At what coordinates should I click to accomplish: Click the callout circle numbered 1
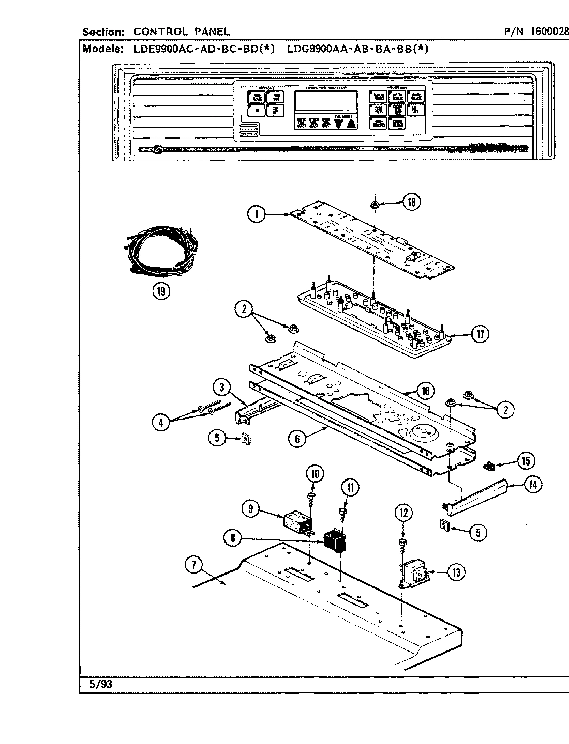(257, 214)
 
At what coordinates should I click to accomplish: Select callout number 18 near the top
(412, 202)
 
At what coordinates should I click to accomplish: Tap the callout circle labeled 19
(161, 291)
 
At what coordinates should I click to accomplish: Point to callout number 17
(480, 334)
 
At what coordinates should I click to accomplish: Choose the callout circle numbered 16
(425, 391)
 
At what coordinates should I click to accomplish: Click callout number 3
(221, 386)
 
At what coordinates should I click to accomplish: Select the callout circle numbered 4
(161, 422)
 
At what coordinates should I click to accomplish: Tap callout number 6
(297, 439)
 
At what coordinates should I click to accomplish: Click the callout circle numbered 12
(405, 513)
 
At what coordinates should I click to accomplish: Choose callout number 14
(532, 484)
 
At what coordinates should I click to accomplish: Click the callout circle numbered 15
(526, 460)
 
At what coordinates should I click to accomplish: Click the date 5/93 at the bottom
(101, 685)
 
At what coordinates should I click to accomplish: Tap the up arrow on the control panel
(351, 123)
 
